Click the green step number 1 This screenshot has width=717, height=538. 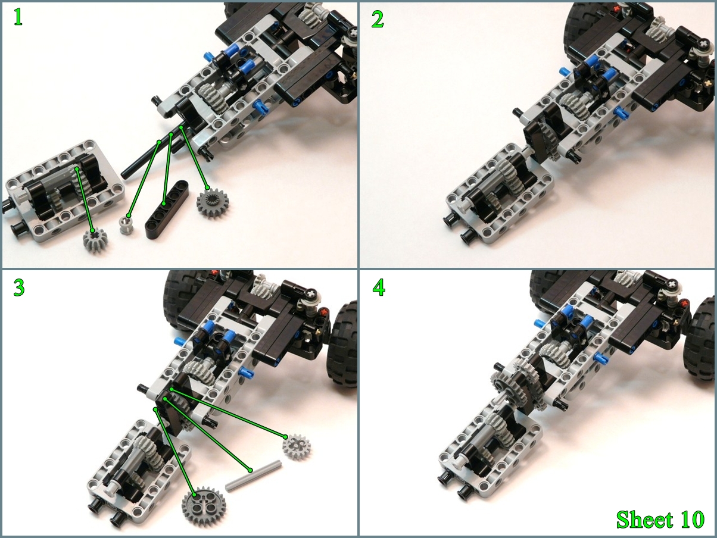[x=18, y=17]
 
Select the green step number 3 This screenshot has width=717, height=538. [x=19, y=287]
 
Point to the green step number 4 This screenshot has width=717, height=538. [x=379, y=288]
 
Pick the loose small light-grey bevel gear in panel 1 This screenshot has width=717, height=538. [x=95, y=240]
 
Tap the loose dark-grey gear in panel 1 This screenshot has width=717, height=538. [x=213, y=203]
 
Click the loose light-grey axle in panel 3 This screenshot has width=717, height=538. [x=254, y=477]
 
